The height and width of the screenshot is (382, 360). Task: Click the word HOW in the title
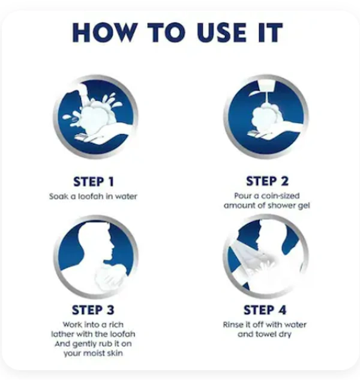click(105, 32)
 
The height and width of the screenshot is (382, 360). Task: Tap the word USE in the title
click(221, 32)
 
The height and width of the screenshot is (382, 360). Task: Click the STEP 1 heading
click(94, 182)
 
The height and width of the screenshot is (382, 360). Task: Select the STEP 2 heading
click(267, 181)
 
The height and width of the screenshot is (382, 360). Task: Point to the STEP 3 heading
click(93, 310)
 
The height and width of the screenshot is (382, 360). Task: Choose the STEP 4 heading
click(265, 310)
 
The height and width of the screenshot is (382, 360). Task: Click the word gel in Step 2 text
click(304, 206)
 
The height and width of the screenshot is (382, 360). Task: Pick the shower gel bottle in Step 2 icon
click(266, 86)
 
